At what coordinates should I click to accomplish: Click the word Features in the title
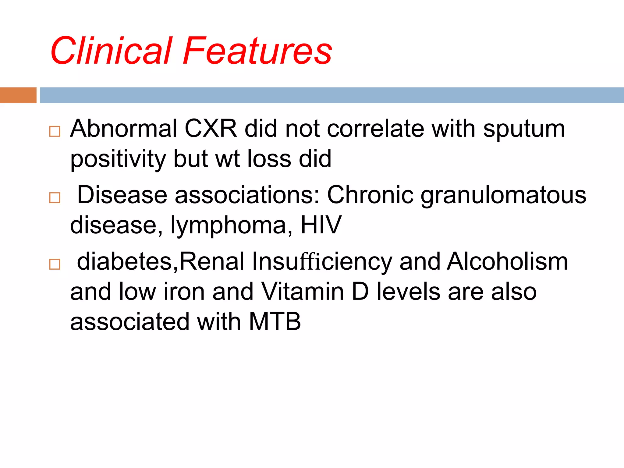(257, 51)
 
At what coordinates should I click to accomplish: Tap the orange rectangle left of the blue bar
(18, 95)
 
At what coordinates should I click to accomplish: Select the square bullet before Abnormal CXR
(55, 132)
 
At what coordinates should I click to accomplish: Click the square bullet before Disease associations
(55, 198)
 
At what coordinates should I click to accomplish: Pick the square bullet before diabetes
(55, 264)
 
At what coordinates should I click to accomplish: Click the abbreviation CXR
(211, 129)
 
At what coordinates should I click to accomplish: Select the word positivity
(118, 159)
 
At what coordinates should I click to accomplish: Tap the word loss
(269, 158)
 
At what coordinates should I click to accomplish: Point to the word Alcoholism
(507, 261)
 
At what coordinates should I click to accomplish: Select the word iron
(184, 292)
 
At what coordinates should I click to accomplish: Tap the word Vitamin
(303, 292)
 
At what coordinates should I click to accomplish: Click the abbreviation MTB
(275, 321)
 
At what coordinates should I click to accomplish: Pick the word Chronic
(370, 195)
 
